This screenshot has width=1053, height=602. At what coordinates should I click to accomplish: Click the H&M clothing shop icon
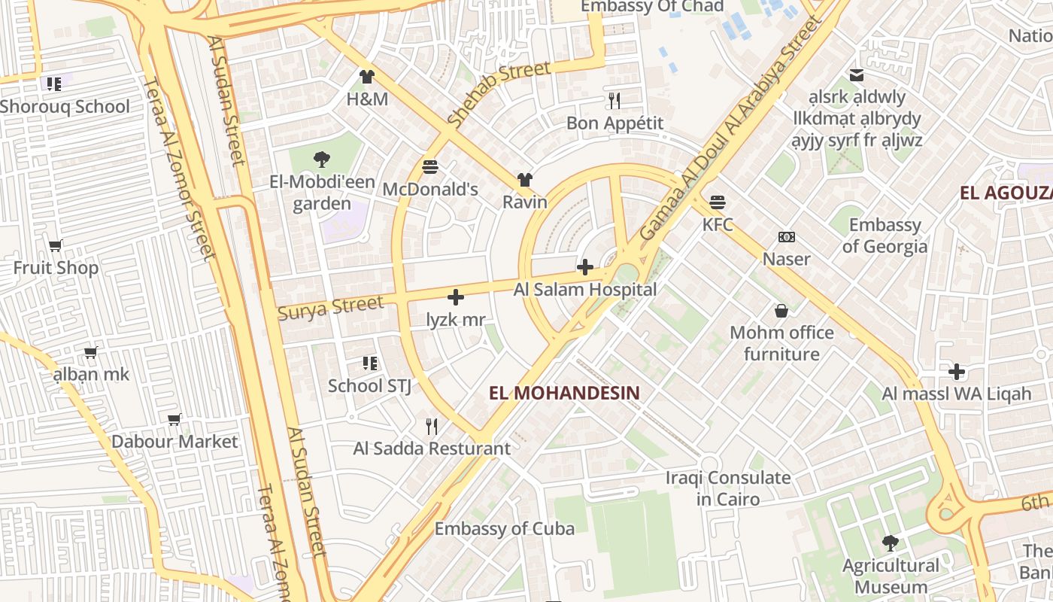(x=366, y=76)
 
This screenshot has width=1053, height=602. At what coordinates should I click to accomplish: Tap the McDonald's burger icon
(x=430, y=166)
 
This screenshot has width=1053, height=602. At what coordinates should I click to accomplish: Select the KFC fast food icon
(x=718, y=202)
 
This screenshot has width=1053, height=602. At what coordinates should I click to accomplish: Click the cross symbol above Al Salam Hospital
(x=584, y=267)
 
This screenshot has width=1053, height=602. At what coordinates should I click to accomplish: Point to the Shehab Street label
(x=499, y=94)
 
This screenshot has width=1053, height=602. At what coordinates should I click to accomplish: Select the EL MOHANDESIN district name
(x=564, y=393)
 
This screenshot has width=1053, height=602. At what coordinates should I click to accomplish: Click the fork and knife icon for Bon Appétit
(x=615, y=100)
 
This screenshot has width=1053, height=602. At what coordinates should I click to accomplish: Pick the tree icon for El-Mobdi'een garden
(x=322, y=159)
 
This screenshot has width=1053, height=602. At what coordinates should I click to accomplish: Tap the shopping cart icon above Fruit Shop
(x=56, y=245)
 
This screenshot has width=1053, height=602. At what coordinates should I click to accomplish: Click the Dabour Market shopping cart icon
(x=174, y=419)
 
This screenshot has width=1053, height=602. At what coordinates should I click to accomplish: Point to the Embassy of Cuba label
(x=505, y=529)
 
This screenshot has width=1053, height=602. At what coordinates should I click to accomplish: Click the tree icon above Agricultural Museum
(x=890, y=543)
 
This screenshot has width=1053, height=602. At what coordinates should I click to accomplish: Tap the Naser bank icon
(x=787, y=237)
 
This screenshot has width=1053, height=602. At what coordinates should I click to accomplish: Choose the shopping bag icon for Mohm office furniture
(x=781, y=310)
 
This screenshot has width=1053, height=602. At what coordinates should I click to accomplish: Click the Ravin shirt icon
(x=524, y=180)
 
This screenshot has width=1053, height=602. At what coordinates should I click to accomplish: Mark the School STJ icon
(x=369, y=363)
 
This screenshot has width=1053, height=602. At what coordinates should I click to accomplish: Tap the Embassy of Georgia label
(x=885, y=236)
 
